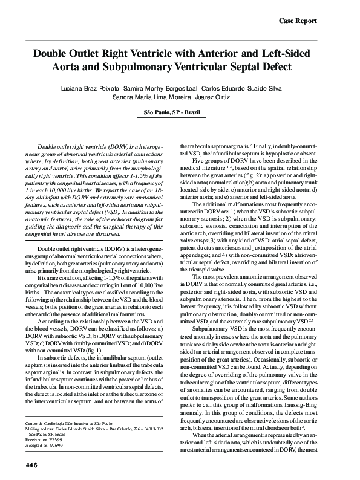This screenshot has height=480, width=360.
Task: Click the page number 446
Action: [32, 464]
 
